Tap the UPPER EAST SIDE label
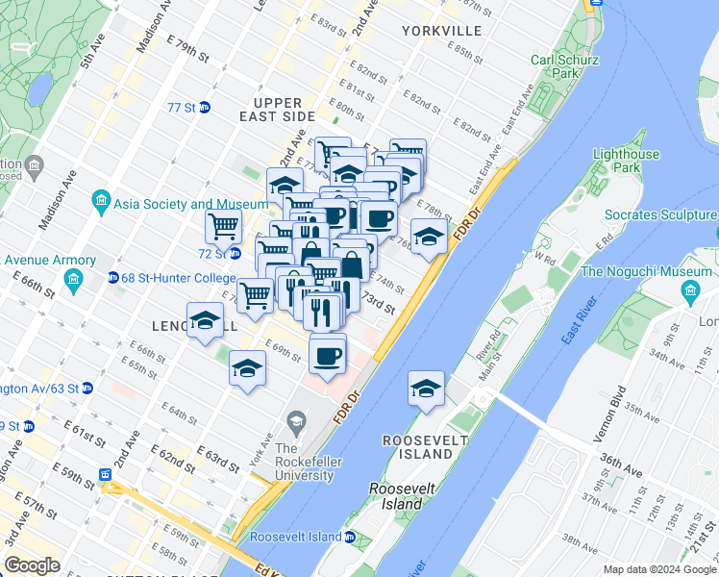click(279, 110)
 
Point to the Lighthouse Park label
click(626, 161)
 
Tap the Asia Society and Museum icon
click(100, 204)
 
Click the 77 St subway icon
click(205, 108)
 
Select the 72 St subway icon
click(235, 254)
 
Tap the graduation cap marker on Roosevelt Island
click(426, 388)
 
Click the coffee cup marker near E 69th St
click(328, 357)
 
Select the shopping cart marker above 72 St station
click(223, 227)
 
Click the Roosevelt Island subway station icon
click(350, 537)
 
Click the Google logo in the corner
click(32, 565)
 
